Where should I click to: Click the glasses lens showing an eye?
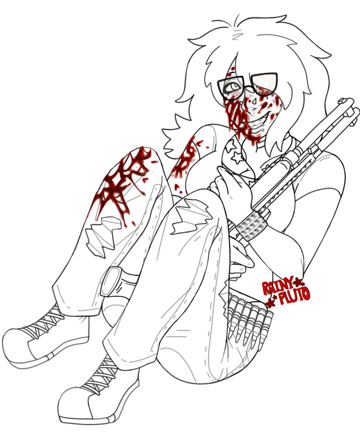(231, 87)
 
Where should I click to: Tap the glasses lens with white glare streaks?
(265, 83)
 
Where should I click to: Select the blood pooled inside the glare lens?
(264, 89)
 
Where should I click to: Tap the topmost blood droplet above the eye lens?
(233, 68)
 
